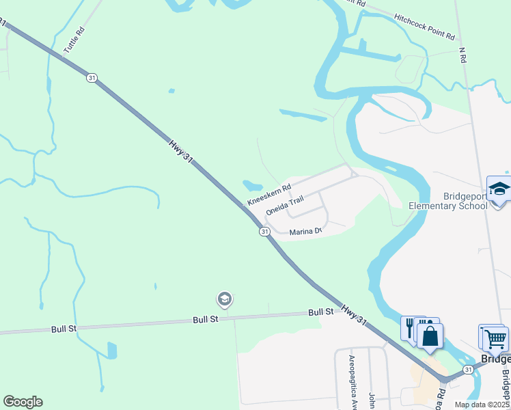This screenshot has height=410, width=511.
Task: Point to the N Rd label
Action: (x=462, y=55)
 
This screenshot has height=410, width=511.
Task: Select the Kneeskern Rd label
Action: (x=269, y=193)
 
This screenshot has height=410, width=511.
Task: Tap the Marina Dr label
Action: (x=305, y=232)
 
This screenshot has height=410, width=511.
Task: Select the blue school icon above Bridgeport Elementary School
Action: (x=499, y=188)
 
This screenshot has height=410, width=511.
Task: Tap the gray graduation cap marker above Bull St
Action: (x=224, y=299)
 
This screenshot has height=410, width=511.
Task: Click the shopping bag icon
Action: (x=430, y=336)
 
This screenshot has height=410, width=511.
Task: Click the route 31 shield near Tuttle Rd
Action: (x=92, y=78)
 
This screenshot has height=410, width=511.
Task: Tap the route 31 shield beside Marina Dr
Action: (x=264, y=232)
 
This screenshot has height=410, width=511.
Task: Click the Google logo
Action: (x=23, y=402)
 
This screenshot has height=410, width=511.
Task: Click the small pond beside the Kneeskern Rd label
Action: (x=251, y=185)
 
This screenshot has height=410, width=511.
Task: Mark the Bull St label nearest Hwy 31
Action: (x=320, y=312)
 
